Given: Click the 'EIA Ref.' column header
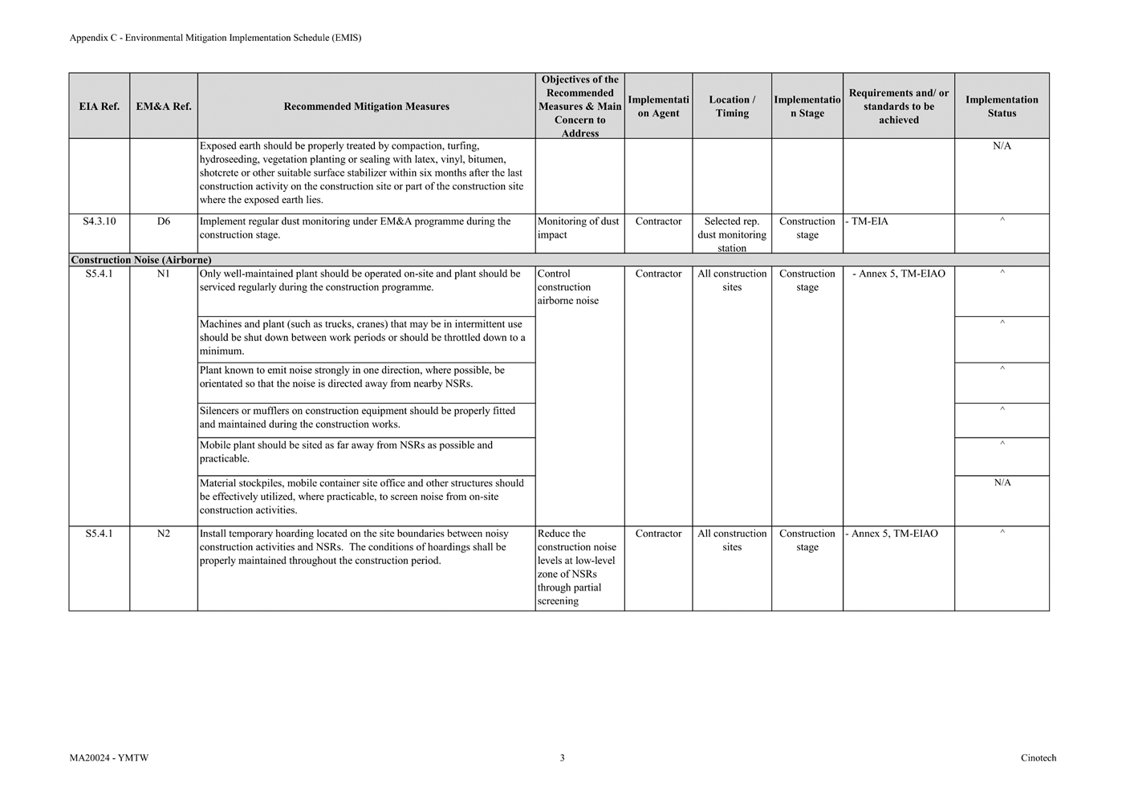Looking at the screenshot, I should coord(100,106).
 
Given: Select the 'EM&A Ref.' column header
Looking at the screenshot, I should coord(164,106).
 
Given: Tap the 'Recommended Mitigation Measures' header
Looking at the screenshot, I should coord(366,106).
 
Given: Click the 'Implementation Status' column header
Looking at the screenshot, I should coord(1002,106).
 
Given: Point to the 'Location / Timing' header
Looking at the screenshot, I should coord(732,106).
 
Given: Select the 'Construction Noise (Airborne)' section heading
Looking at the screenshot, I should coord(141,260).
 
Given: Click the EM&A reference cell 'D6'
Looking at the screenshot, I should coord(164,221).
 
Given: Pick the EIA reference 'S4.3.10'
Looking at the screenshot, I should coord(100,221).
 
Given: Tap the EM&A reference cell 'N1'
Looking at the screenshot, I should coord(164,274).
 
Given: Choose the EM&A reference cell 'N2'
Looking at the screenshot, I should coord(164,534).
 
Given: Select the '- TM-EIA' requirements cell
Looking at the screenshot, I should coord(868,221).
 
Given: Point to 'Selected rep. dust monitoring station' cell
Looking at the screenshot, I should coord(732,234).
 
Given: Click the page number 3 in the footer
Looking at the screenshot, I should coord(562,757).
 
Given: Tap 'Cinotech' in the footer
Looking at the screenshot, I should coord(1039,757).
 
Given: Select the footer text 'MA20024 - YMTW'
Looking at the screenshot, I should coord(109,757).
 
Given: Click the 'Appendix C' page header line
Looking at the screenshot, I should coord(215,38).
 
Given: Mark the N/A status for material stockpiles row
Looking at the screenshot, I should coord(1002,483).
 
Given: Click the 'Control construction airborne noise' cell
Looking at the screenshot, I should coord(568,287).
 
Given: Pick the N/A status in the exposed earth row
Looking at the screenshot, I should coord(1002,146).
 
